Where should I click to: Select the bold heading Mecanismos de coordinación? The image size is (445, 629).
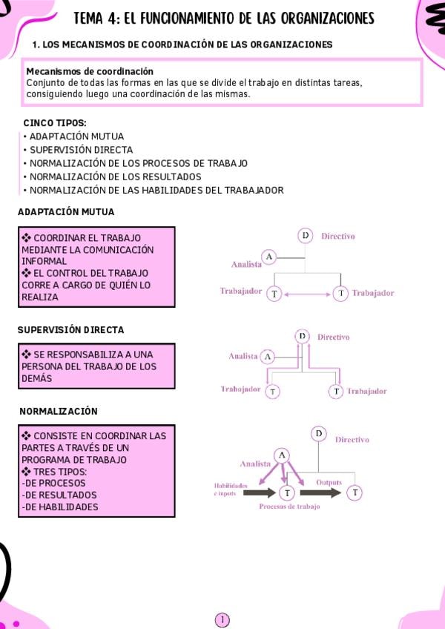90,71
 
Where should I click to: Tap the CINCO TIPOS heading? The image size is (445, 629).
55,123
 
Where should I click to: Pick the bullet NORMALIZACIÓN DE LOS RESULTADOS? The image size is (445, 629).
115,177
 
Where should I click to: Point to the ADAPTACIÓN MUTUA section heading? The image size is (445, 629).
66,212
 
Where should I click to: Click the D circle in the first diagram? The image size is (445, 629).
305,236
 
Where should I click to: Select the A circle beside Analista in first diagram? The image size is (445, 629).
269,257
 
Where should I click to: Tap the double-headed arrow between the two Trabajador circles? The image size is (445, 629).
306,294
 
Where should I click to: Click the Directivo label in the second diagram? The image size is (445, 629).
333,337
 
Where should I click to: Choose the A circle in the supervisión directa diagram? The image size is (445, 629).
268,357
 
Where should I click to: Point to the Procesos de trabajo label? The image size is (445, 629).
289,507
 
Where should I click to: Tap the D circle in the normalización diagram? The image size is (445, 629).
319,433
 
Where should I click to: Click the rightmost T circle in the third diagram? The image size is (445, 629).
355,492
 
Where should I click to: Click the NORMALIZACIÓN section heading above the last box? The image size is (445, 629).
59,411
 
